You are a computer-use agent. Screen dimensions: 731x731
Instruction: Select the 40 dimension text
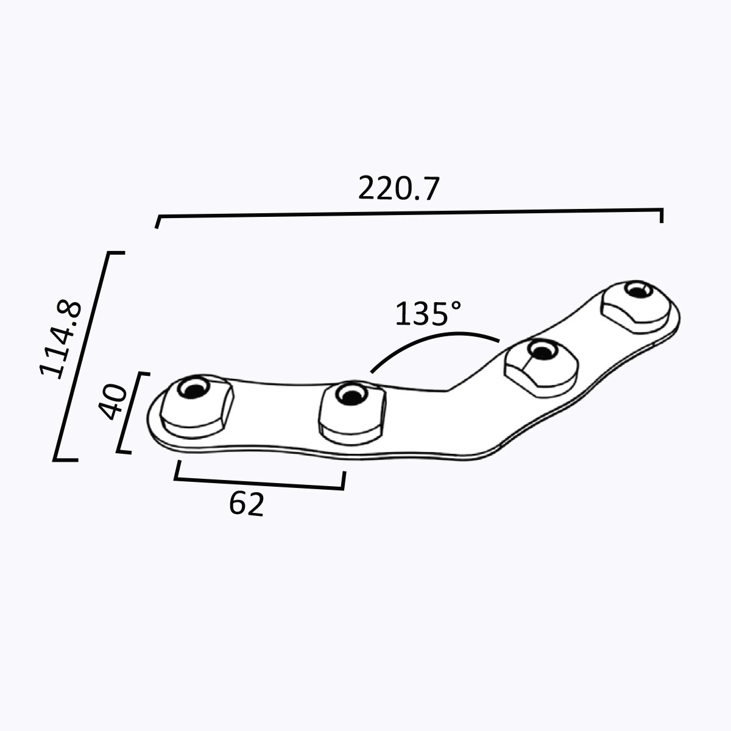pos(113,403)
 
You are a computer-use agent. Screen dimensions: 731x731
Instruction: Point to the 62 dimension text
pos(247,504)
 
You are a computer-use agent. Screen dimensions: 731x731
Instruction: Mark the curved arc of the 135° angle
pos(436,339)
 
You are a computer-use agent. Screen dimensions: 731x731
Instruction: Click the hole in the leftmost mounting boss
pos(194,389)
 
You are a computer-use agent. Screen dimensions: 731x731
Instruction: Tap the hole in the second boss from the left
pos(350,395)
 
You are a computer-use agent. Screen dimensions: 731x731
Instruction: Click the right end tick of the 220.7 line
pos(662,216)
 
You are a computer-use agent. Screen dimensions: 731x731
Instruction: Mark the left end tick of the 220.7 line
pos(158,222)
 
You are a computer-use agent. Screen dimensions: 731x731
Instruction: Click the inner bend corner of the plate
pos(448,389)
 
